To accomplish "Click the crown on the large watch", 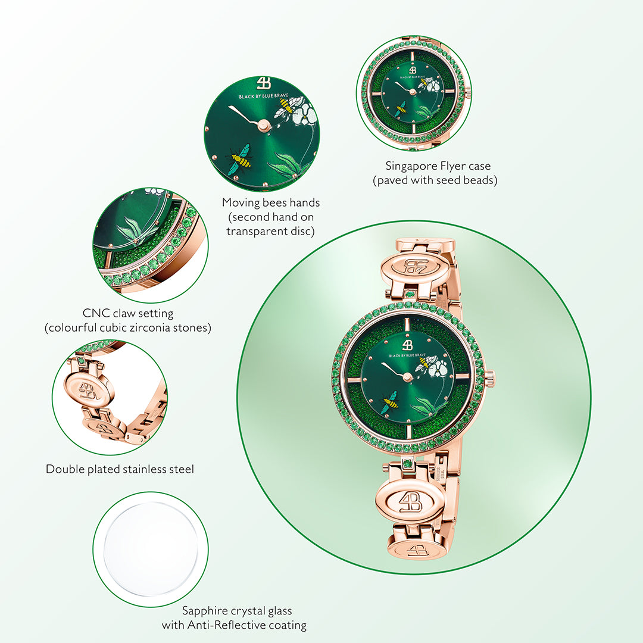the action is [x=491, y=376].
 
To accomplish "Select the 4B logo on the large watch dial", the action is [x=407, y=345].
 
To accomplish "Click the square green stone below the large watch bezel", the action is [x=407, y=464].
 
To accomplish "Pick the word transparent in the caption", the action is [x=258, y=231].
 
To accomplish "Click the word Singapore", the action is [x=411, y=166].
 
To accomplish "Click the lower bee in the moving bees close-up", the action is [x=241, y=160].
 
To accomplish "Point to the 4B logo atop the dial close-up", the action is [x=263, y=82].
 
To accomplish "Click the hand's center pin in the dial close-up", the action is [x=263, y=124].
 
